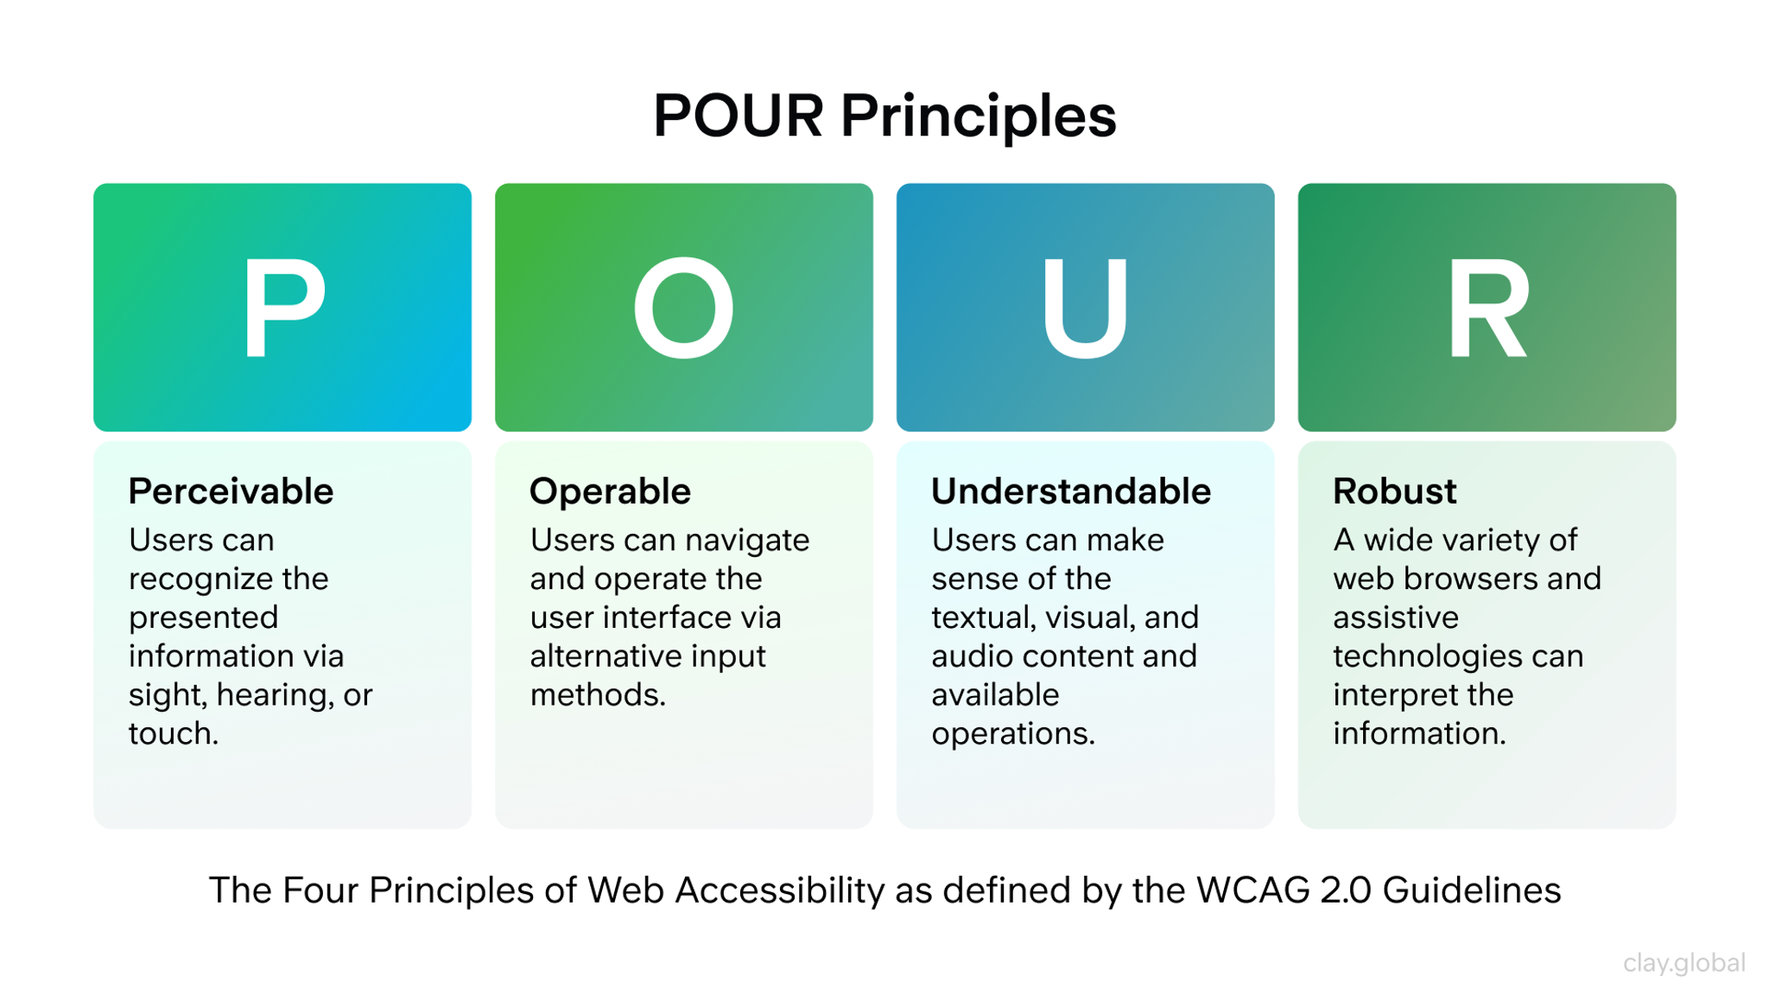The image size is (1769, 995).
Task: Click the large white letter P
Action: tap(283, 307)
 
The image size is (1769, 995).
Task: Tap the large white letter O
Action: tap(683, 307)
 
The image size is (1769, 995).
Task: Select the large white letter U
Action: tap(1085, 307)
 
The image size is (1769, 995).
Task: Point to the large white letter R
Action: tap(1487, 307)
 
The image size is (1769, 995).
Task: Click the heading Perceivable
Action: tap(231, 491)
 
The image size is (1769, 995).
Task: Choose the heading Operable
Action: tap(610, 491)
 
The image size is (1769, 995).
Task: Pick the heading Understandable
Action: tap(1071, 491)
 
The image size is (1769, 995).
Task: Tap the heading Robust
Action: tap(1394, 491)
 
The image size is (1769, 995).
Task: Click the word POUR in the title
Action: tap(738, 116)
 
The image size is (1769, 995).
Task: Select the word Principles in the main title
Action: tap(979, 117)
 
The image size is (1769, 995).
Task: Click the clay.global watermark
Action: tap(1683, 962)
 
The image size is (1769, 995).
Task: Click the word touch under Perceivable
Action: tap(173, 733)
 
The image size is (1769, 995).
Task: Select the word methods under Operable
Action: tap(597, 694)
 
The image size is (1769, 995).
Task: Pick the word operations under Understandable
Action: tap(1012, 734)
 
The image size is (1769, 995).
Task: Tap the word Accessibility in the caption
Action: tap(780, 890)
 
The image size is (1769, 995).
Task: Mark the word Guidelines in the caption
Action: tap(1472, 890)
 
